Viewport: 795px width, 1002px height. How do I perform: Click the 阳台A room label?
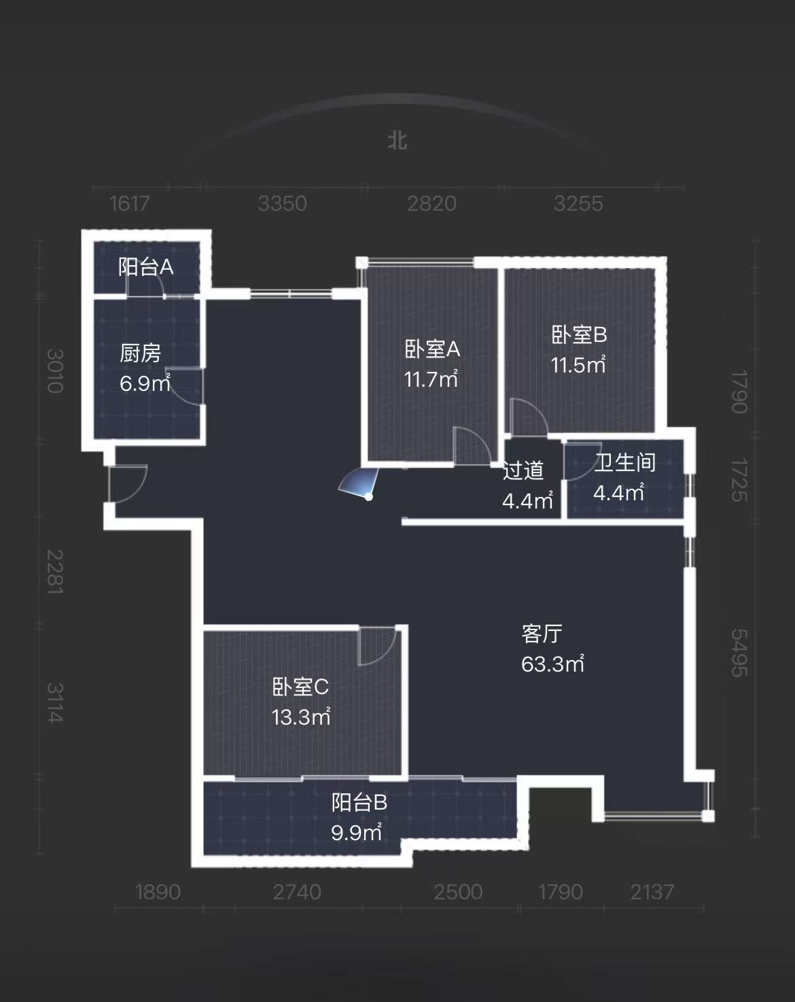tap(146, 266)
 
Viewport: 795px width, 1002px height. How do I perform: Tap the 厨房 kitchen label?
tap(141, 353)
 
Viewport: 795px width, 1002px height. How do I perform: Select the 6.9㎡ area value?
tap(145, 383)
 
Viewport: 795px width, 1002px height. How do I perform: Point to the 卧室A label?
tap(432, 349)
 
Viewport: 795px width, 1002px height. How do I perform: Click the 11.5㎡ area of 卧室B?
tap(578, 365)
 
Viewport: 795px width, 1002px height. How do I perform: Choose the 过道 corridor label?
tap(523, 470)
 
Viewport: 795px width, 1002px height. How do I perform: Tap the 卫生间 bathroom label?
tap(624, 463)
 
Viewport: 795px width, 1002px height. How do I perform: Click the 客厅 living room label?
tap(542, 634)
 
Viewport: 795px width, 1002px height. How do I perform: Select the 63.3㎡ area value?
tap(552, 663)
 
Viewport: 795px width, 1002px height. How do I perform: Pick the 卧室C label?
tap(300, 687)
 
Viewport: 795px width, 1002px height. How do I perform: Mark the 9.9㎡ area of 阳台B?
tap(356, 832)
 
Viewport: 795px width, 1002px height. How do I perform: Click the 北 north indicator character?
tap(397, 141)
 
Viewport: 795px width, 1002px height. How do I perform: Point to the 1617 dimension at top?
tap(129, 203)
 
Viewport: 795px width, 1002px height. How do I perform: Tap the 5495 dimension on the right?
tap(739, 653)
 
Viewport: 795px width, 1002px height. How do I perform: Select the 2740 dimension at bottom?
tap(297, 892)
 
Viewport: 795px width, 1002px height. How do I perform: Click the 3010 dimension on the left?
tap(54, 371)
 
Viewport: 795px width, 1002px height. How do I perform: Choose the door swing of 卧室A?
tap(471, 446)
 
